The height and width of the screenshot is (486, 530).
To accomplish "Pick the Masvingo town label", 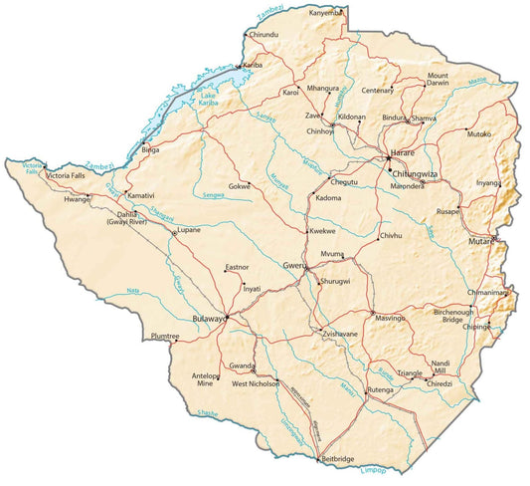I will pyautogui.click(x=391, y=318).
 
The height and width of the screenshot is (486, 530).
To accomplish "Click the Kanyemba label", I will pyautogui.click(x=326, y=13).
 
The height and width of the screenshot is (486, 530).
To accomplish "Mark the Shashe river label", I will pyautogui.click(x=208, y=411).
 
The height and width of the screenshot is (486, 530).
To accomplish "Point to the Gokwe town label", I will pyautogui.click(x=240, y=186).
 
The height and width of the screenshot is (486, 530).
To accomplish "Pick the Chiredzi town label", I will pyautogui.click(x=440, y=383).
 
